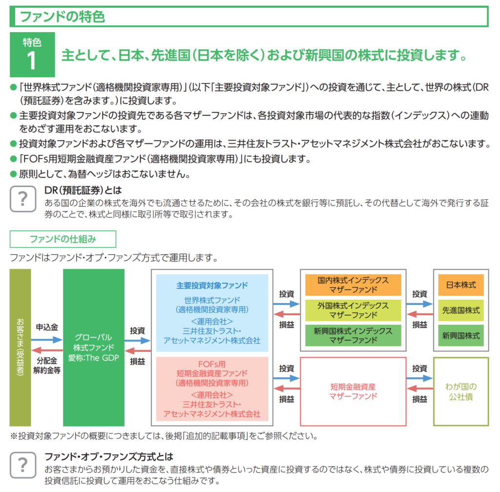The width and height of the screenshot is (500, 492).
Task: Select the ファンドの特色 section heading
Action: tap(62, 17)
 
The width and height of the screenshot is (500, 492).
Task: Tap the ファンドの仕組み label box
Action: tap(63, 239)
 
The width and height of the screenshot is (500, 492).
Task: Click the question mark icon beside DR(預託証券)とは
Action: tap(23, 199)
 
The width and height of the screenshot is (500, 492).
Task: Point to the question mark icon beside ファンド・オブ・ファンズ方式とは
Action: tap(23, 464)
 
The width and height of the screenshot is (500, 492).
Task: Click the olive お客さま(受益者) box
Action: tap(20, 347)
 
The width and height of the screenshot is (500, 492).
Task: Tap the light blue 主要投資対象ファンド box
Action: tap(212, 313)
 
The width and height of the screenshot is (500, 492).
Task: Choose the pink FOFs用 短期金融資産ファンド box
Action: tap(212, 388)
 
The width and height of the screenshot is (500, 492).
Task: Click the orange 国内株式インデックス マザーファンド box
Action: tap(353, 285)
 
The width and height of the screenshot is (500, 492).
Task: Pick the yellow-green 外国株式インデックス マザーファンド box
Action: tap(353, 310)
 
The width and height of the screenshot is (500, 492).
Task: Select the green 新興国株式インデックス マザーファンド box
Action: tap(353, 335)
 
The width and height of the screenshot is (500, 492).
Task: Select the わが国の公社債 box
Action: tap(461, 391)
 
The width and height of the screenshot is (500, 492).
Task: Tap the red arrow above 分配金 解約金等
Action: tap(47, 350)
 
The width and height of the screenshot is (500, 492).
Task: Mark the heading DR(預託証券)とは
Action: tap(83, 190)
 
